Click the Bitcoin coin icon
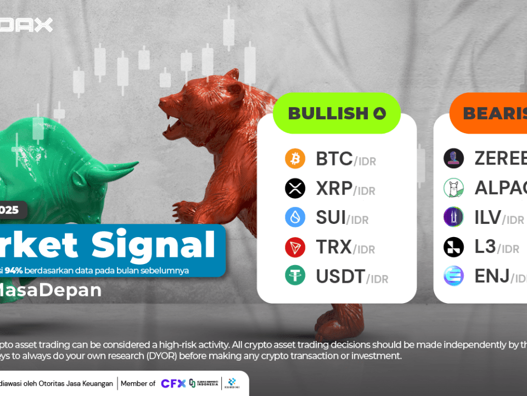[x=295, y=159]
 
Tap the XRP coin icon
[x=295, y=189]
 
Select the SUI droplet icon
[x=295, y=217]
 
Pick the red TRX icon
[x=295, y=247]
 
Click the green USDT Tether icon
[x=295, y=275]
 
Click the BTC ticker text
[x=334, y=159]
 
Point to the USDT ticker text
[x=341, y=276]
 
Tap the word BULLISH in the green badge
[x=328, y=113]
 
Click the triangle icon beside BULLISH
[x=379, y=114]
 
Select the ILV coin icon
[x=453, y=217]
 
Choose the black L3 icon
[x=453, y=247]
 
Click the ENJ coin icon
[x=453, y=275]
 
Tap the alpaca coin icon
[x=453, y=188]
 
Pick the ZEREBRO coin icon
[x=453, y=159]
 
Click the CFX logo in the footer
[x=172, y=383]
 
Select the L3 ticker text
[x=485, y=247]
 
